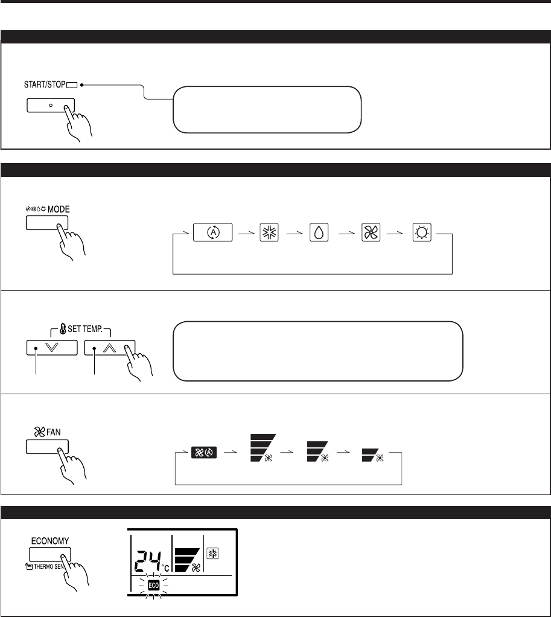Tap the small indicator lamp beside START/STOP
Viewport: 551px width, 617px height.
[73, 85]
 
